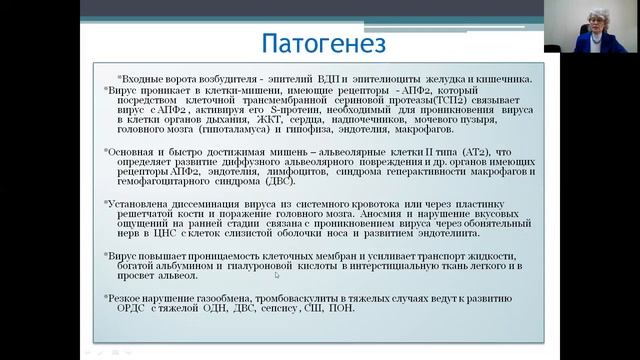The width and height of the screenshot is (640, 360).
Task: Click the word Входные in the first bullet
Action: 141,78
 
